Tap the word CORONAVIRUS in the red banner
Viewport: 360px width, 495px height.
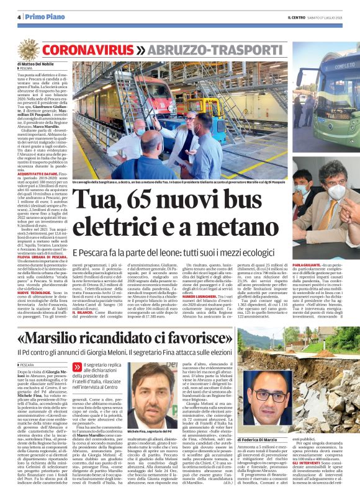click(x=87, y=48)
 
